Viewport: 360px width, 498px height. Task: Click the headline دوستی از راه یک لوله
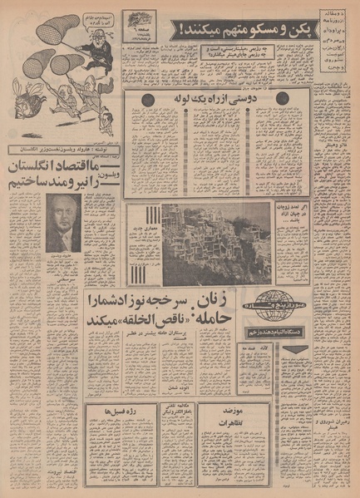pyautogui.click(x=218, y=99)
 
